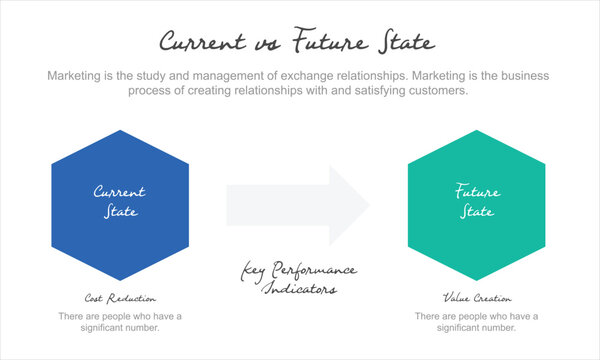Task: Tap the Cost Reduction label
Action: coord(119,298)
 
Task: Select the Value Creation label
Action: coord(477,298)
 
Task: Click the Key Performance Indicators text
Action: coord(299,279)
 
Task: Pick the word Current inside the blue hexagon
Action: coord(119,191)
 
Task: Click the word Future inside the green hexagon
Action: coord(477,191)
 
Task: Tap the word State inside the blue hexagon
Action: coord(120,212)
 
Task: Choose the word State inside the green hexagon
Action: coord(477,212)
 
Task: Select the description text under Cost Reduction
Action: coord(119,322)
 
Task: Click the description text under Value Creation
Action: coord(477,322)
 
